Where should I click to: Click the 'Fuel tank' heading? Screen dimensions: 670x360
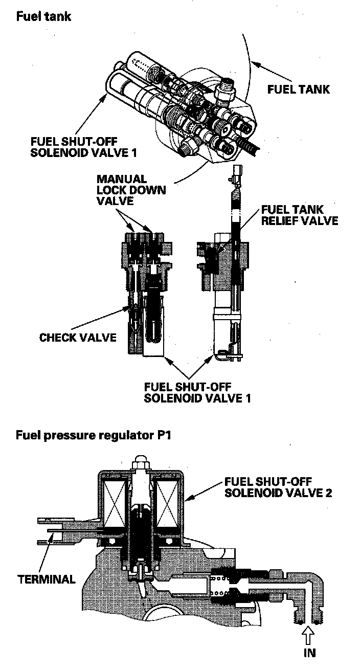click(43, 17)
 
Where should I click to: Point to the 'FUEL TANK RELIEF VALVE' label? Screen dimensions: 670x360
click(299, 215)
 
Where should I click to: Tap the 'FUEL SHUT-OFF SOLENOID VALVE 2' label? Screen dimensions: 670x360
click(278, 488)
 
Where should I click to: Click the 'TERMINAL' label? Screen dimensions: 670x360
click(47, 579)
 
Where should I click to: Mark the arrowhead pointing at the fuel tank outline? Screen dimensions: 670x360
click(254, 64)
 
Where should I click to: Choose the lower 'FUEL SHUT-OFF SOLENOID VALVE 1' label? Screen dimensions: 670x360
click(196, 392)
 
